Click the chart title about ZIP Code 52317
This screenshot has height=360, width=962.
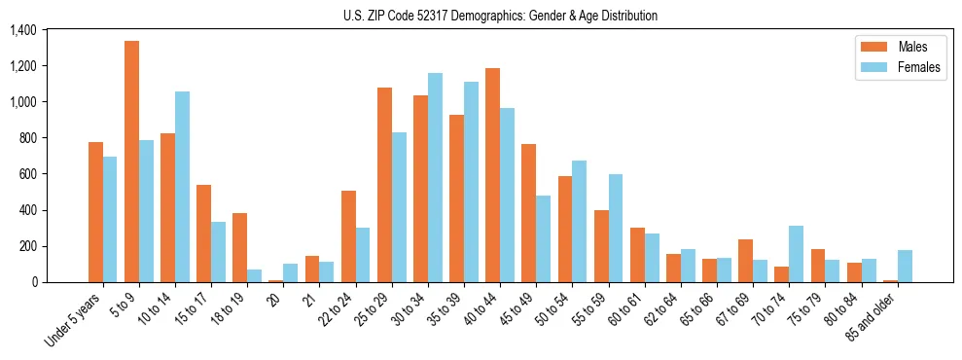click(x=500, y=16)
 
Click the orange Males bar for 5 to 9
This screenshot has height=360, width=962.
click(x=131, y=162)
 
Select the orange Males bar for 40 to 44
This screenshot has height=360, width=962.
click(x=492, y=175)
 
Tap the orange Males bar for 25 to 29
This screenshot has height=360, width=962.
click(x=384, y=185)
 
